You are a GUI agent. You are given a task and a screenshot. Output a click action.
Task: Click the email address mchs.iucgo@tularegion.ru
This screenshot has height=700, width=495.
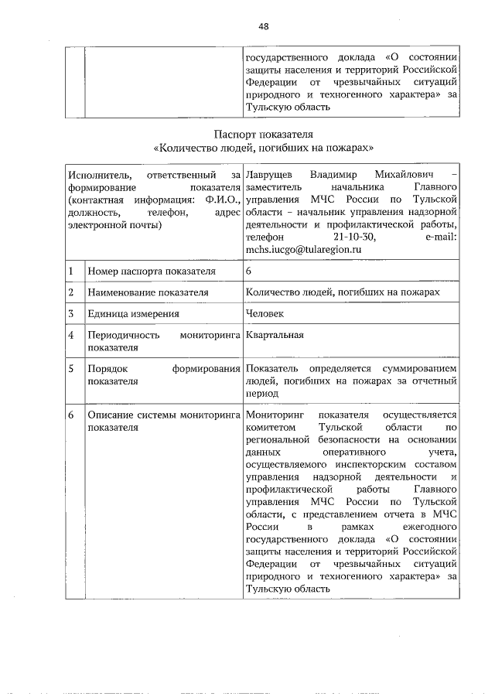[x=302, y=250]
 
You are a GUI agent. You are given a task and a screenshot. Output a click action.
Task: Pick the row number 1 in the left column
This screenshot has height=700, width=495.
[x=70, y=271]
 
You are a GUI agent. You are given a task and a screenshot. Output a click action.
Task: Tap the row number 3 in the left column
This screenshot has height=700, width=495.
[x=70, y=313]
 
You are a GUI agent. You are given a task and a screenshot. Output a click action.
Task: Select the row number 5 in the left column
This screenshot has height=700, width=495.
[x=70, y=369]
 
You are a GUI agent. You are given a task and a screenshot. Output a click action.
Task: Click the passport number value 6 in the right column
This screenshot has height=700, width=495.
[x=248, y=271]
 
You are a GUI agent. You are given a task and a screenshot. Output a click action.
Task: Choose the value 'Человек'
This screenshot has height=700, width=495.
[x=265, y=313]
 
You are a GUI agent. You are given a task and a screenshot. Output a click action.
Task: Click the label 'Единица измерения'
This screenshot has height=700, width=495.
[x=134, y=313]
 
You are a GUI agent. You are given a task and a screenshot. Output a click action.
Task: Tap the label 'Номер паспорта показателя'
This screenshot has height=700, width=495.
[x=151, y=271]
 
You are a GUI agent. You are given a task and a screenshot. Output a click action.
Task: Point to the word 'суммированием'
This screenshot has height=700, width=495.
[x=420, y=369]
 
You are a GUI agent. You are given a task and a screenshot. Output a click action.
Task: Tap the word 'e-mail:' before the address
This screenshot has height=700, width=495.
[x=443, y=237]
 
